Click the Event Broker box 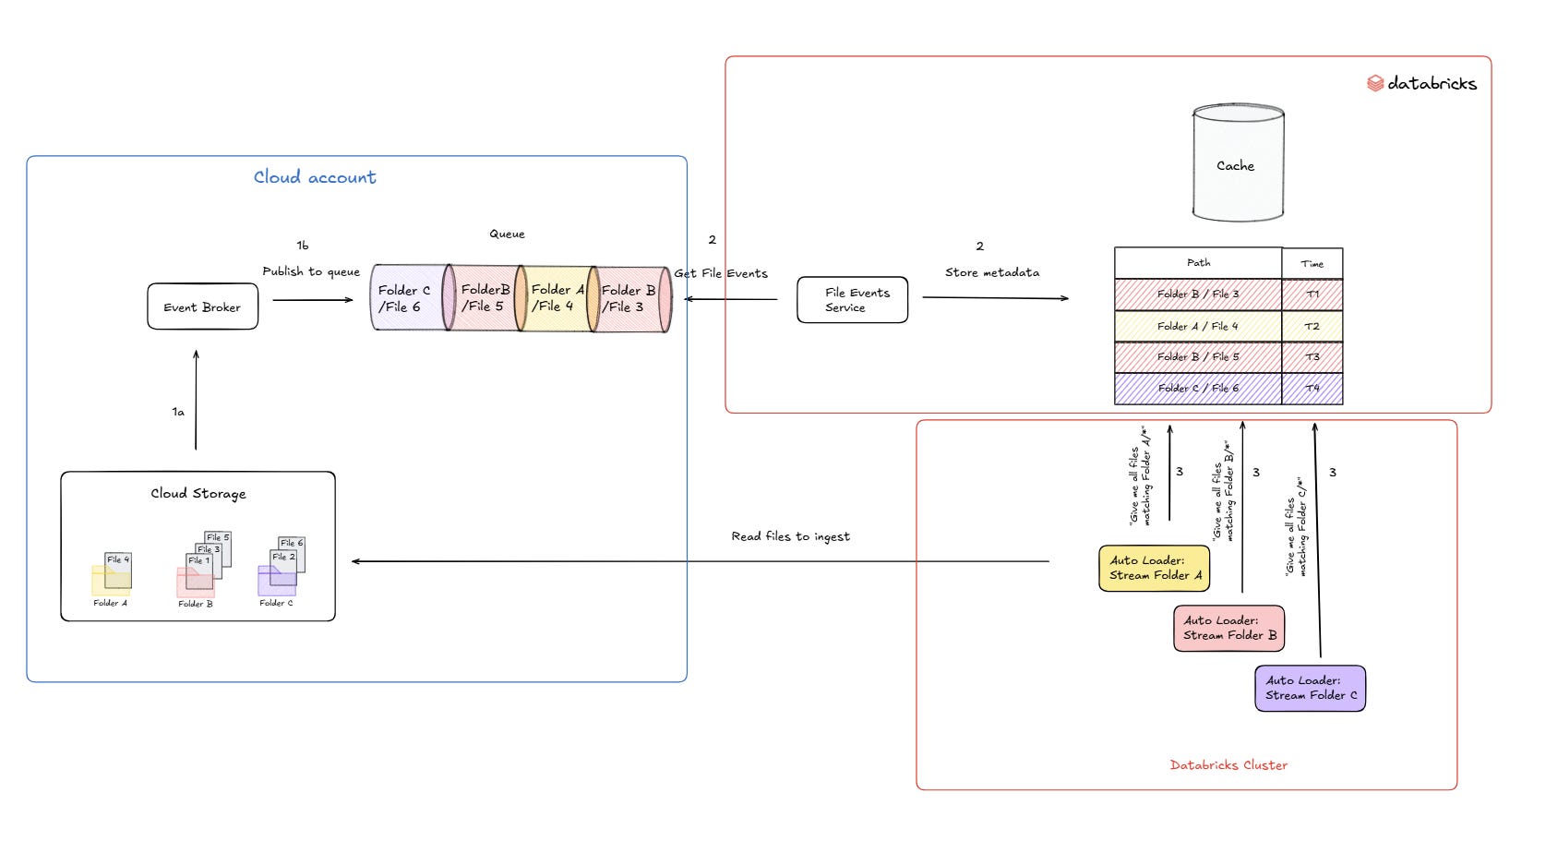click(x=202, y=306)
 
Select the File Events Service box click(x=852, y=300)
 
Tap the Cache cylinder click(x=1237, y=164)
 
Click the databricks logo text click(x=1431, y=83)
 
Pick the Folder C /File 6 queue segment click(x=406, y=297)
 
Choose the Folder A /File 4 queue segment click(x=555, y=297)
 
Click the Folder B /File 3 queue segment click(x=629, y=297)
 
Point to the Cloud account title click(x=315, y=177)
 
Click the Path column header click(x=1198, y=263)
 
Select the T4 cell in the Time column click(x=1312, y=389)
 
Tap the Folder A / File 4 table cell click(x=1198, y=326)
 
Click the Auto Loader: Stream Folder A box click(x=1154, y=568)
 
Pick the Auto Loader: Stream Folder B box click(x=1228, y=628)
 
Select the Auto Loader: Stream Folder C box click(x=1310, y=688)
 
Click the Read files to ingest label click(x=790, y=536)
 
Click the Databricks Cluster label click(x=1228, y=765)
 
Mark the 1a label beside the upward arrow click(x=178, y=412)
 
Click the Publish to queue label click(x=311, y=271)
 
